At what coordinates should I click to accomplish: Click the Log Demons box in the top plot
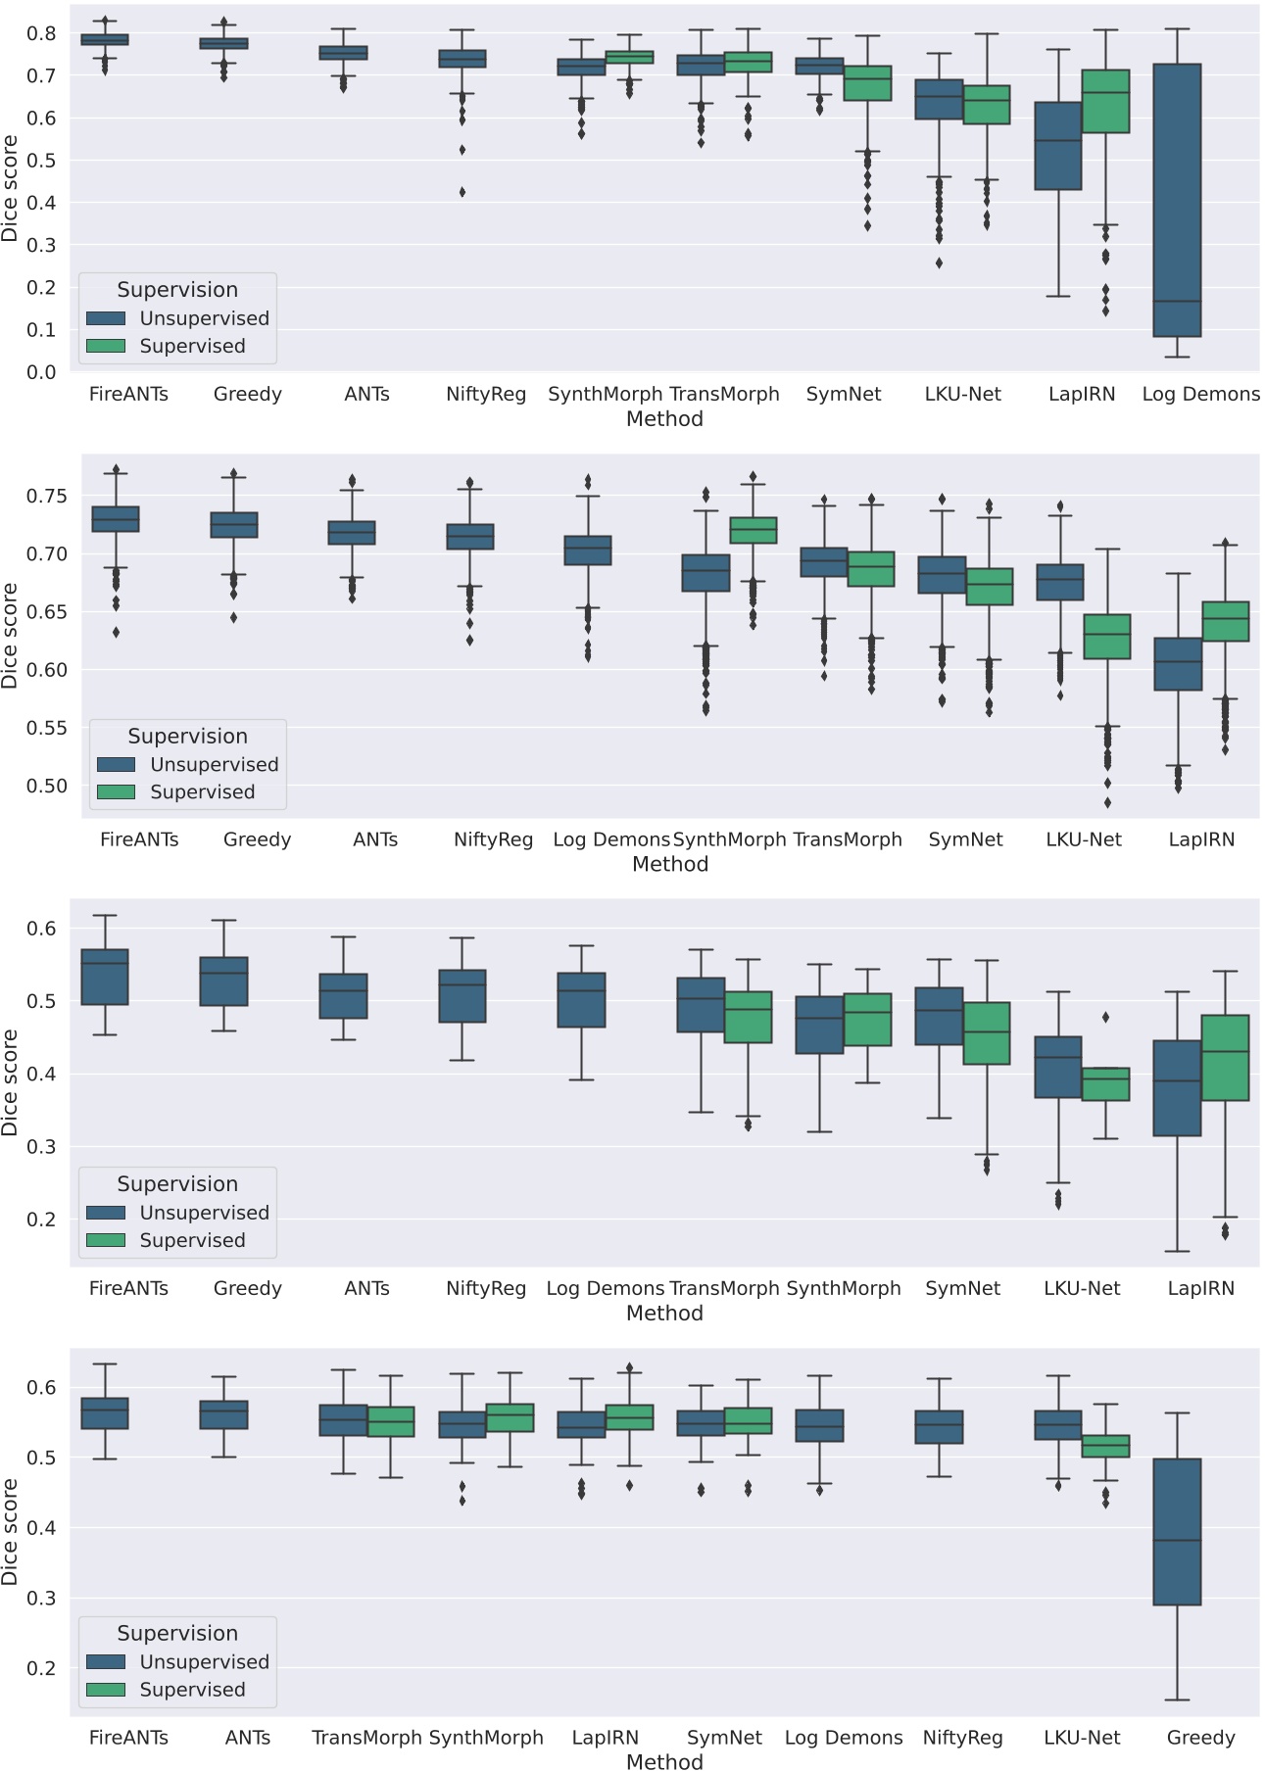1177,200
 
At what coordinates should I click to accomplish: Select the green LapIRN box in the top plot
1105,101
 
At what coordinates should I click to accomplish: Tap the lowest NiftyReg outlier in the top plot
462,192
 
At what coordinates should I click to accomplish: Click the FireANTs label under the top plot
128,395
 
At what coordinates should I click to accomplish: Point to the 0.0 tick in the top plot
41,372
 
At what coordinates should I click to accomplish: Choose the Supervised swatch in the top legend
106,346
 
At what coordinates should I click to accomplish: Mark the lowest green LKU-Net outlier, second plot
1107,803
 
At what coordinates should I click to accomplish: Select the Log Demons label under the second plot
611,840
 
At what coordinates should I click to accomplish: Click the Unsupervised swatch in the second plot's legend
116,764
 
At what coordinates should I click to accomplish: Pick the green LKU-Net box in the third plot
1105,1084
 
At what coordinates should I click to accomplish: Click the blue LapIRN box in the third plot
1177,1088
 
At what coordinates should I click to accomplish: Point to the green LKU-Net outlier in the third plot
1105,1017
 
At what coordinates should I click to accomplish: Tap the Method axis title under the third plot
664,1314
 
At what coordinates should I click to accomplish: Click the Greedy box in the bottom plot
1177,1532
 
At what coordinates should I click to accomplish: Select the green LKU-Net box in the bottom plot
1105,1446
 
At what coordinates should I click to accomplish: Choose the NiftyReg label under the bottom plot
962,1738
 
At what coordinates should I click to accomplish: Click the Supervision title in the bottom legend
177,1634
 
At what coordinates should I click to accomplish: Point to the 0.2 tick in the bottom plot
41,1668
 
